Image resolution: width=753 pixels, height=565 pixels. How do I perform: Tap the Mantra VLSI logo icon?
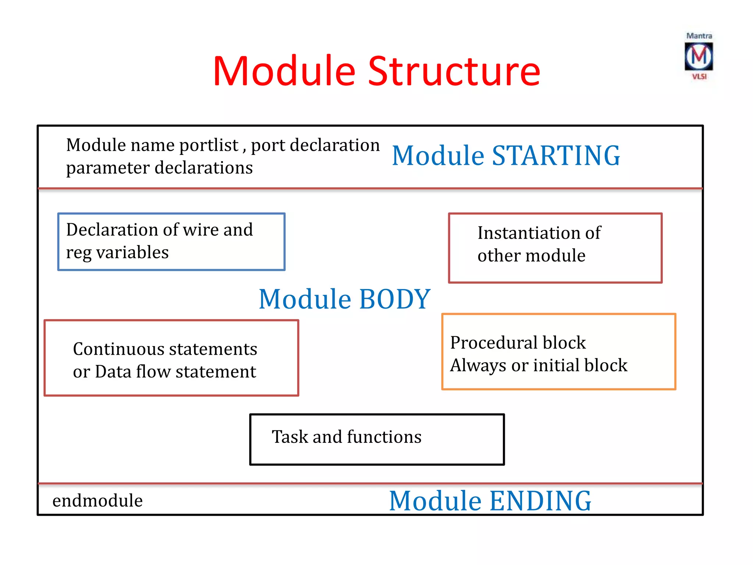coord(699,56)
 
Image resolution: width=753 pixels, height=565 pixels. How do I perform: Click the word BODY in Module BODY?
coord(395,299)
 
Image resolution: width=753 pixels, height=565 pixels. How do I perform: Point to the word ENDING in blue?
coord(540,501)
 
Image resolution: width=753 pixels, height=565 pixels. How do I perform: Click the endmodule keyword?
coord(97,501)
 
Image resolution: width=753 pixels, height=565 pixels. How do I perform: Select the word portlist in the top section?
coord(209,145)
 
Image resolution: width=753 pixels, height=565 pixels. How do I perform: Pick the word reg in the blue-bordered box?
coord(78,253)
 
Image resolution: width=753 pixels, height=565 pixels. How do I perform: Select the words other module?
coord(531,256)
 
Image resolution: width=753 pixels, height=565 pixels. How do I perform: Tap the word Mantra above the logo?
coord(699,36)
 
